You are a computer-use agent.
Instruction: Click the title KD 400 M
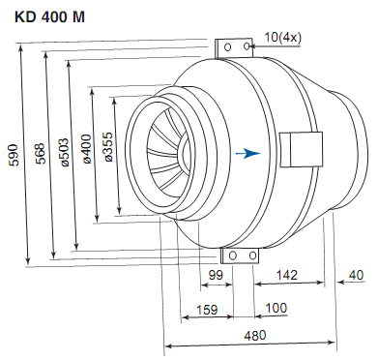(49, 17)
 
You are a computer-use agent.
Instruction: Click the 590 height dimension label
(14, 155)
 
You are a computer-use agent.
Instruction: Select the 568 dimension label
(40, 154)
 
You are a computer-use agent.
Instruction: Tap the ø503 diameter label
(65, 152)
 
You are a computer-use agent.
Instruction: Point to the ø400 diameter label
(87, 148)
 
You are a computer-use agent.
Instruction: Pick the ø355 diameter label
(108, 146)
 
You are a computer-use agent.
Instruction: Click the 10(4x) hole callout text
(283, 38)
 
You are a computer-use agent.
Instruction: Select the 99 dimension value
(216, 275)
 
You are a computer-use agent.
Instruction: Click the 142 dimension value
(287, 275)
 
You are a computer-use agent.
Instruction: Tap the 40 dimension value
(356, 275)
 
